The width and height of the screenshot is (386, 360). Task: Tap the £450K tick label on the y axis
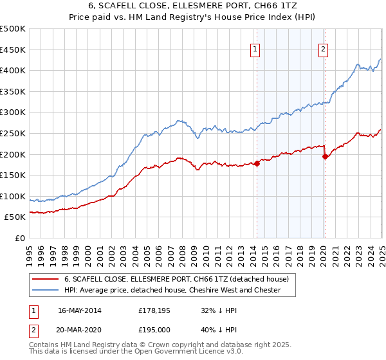[13, 50]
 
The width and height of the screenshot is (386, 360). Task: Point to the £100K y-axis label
[13, 196]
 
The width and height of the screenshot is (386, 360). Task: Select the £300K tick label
[13, 113]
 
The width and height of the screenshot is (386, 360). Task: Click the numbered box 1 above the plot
[255, 49]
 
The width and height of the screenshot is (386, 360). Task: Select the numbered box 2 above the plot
[323, 49]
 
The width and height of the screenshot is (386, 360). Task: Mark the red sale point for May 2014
[257, 163]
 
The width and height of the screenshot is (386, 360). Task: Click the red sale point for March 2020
[325, 156]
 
